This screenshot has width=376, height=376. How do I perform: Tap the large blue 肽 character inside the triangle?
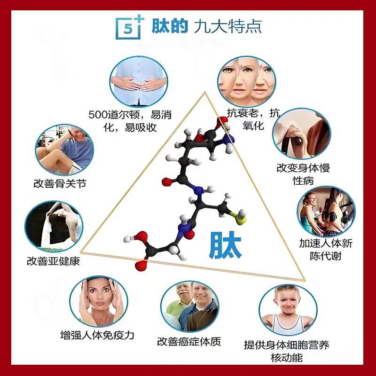[x=226, y=243]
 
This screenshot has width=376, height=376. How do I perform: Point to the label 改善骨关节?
[x=60, y=182]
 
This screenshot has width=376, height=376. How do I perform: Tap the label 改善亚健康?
[x=53, y=260]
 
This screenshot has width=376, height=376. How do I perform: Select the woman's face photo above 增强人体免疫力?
[x=99, y=301]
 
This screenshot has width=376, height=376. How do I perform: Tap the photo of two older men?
[x=190, y=308]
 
